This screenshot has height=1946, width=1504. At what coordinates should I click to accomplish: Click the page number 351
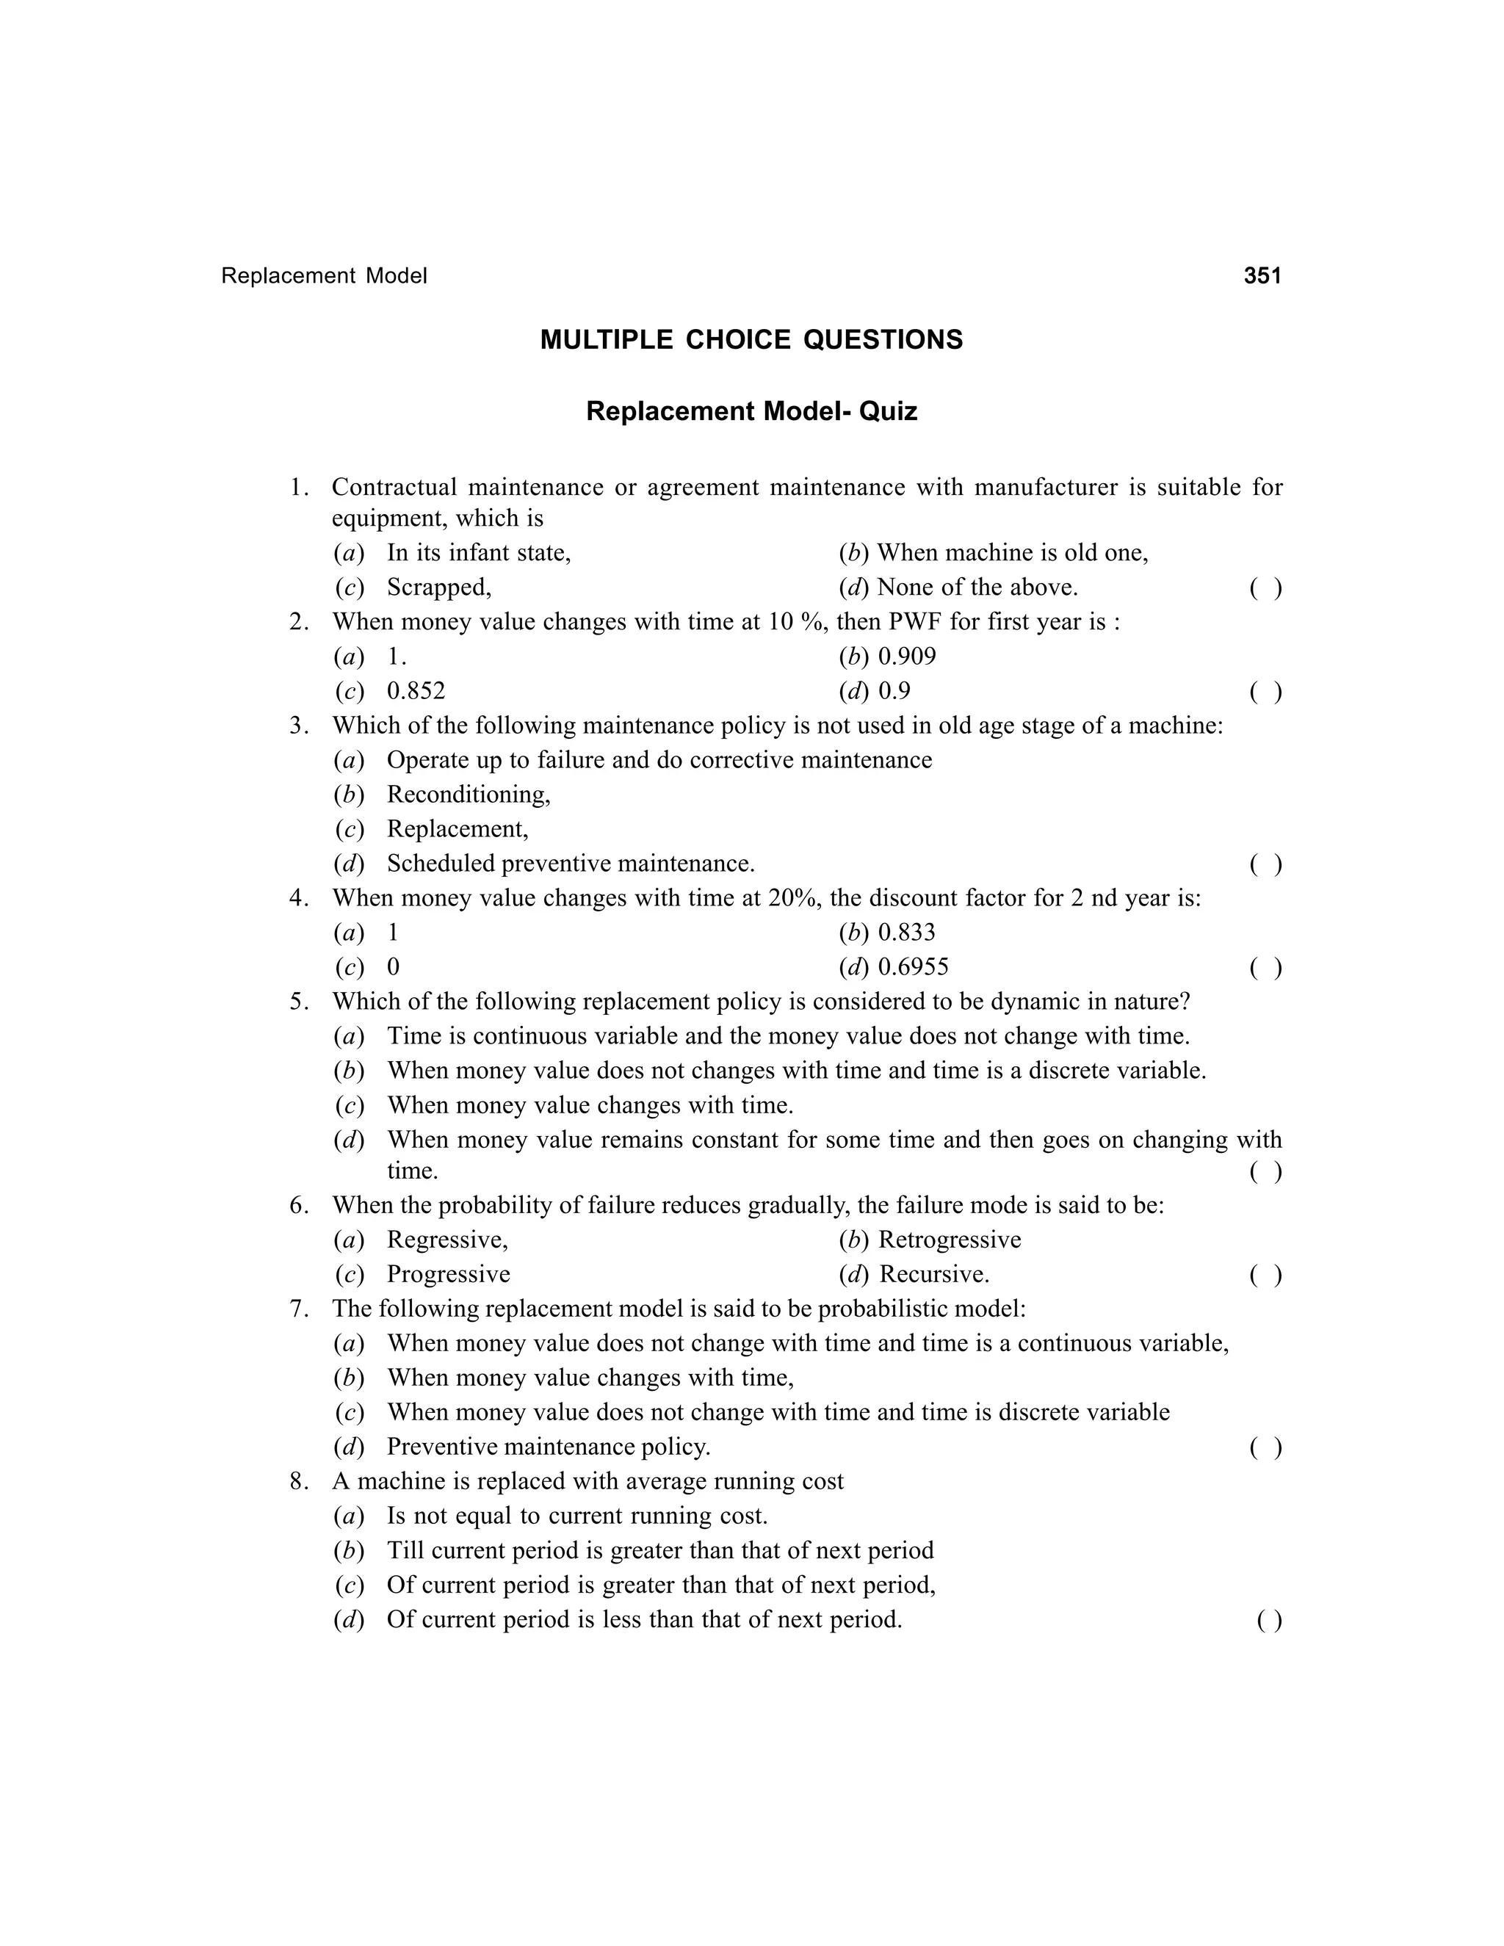click(1262, 276)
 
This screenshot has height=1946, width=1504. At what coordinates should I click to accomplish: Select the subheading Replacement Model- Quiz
click(751, 412)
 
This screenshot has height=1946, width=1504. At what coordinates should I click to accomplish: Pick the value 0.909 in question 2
click(907, 656)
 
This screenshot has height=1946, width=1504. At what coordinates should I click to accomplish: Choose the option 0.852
click(416, 692)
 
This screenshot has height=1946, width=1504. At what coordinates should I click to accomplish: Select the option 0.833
click(907, 933)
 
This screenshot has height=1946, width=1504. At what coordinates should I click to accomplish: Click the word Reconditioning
click(469, 795)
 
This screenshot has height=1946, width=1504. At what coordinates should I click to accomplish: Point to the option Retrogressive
click(950, 1240)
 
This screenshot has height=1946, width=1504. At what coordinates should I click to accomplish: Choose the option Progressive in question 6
click(448, 1274)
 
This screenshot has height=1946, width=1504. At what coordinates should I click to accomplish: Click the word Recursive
click(934, 1274)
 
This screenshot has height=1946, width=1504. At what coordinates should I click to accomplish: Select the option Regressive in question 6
click(447, 1240)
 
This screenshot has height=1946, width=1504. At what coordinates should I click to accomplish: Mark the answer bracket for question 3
click(1265, 864)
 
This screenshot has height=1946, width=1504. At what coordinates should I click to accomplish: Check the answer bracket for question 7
click(1265, 1447)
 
